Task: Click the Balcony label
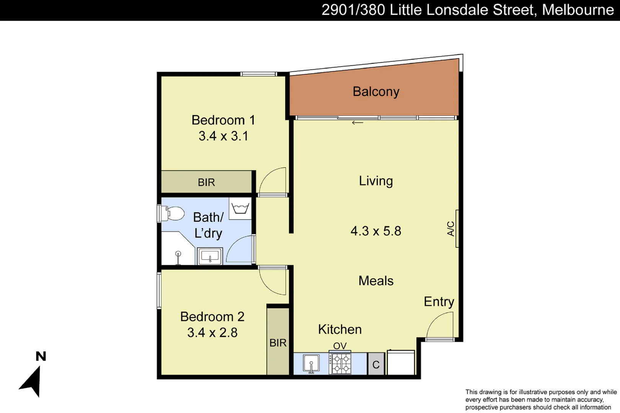click(376, 92)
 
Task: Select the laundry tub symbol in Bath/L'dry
click(240, 208)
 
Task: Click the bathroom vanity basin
click(210, 256)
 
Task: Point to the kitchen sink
click(311, 363)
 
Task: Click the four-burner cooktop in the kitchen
click(340, 363)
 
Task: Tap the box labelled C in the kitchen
click(376, 364)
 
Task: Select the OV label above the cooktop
click(340, 346)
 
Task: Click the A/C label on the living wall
click(451, 229)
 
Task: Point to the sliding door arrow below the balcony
click(357, 123)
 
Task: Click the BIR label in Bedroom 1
click(206, 182)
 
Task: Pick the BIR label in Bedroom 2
click(278, 343)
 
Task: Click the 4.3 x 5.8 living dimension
click(376, 231)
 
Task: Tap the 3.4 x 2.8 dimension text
click(212, 332)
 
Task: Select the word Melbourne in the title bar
click(578, 10)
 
